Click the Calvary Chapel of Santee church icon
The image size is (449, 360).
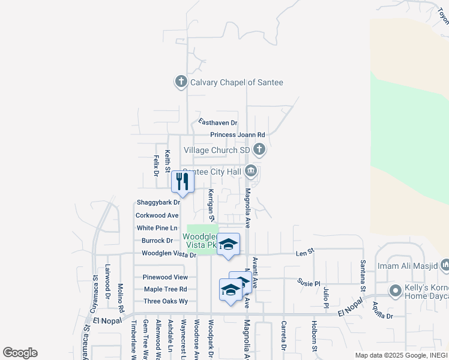[181, 82]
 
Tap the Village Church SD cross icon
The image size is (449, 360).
[259, 149]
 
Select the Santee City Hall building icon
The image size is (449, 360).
[252, 172]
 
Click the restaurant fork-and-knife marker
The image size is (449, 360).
[183, 182]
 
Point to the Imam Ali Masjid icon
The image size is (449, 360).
[445, 265]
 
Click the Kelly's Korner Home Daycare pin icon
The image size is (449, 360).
[395, 292]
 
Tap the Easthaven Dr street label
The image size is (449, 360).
[218, 122]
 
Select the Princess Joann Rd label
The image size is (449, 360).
[237, 135]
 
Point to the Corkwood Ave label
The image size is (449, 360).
[157, 215]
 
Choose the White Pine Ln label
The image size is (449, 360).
[157, 228]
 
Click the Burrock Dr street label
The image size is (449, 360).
[157, 241]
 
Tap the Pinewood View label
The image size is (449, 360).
[165, 277]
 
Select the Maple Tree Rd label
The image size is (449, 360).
[166, 289]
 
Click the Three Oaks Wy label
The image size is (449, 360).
[166, 301]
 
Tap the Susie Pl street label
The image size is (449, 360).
[309, 281]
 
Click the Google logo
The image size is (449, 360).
[20, 353]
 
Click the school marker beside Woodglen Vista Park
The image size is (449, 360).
[228, 244]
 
